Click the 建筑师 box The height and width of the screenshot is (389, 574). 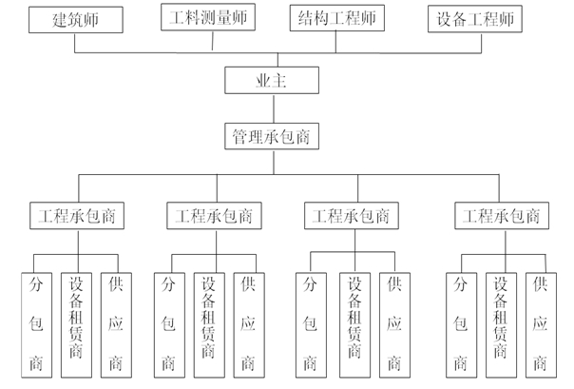76,20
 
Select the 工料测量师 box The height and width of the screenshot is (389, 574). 208,17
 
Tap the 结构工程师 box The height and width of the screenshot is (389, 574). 337,18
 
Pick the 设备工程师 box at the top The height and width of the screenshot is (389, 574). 475,19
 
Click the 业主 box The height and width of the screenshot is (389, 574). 272,80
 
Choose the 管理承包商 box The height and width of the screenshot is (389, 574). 272,136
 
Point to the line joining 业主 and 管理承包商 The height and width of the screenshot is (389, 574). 274,108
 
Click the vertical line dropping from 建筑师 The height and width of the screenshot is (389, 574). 75,43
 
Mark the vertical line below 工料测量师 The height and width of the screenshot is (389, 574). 213,41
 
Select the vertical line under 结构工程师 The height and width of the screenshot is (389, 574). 336,42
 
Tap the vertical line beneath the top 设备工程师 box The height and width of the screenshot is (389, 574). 482,43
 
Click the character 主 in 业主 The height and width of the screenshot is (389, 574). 279,81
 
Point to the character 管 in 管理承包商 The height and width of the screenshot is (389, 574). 240,137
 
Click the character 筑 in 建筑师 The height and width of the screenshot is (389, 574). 76,20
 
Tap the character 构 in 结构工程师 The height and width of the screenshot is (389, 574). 321,18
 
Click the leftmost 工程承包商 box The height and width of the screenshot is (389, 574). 77,216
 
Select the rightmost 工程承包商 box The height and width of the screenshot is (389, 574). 502,216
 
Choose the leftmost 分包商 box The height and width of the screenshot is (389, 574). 37,325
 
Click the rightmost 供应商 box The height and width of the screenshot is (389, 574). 541,325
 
